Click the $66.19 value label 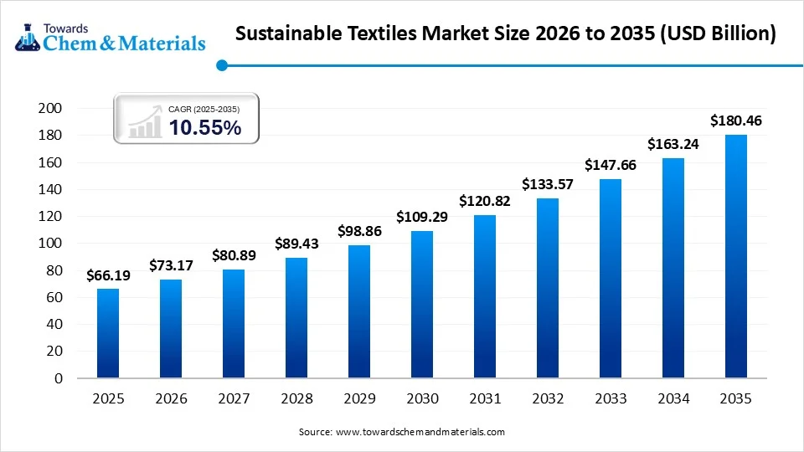pos(108,275)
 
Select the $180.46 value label pos(735,121)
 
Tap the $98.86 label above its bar pos(359,230)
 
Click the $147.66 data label pos(610,165)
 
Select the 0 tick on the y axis pos(59,378)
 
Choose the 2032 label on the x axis pos(548,400)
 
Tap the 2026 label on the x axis pos(171,400)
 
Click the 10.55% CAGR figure pos(205,127)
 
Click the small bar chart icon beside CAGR pos(145,122)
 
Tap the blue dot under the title pos(221,64)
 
